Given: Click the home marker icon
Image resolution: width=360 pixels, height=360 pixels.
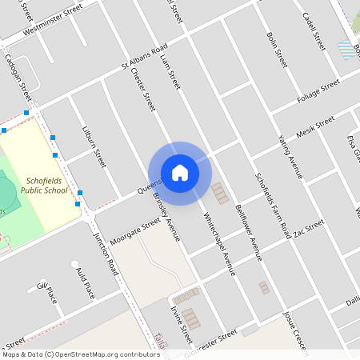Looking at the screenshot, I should point(180,172).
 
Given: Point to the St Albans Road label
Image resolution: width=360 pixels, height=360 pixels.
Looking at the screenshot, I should point(144,55).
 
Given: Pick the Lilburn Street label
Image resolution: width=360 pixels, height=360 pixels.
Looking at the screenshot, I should point(94,146).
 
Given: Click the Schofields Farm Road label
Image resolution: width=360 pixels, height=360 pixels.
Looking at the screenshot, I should point(272,205).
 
